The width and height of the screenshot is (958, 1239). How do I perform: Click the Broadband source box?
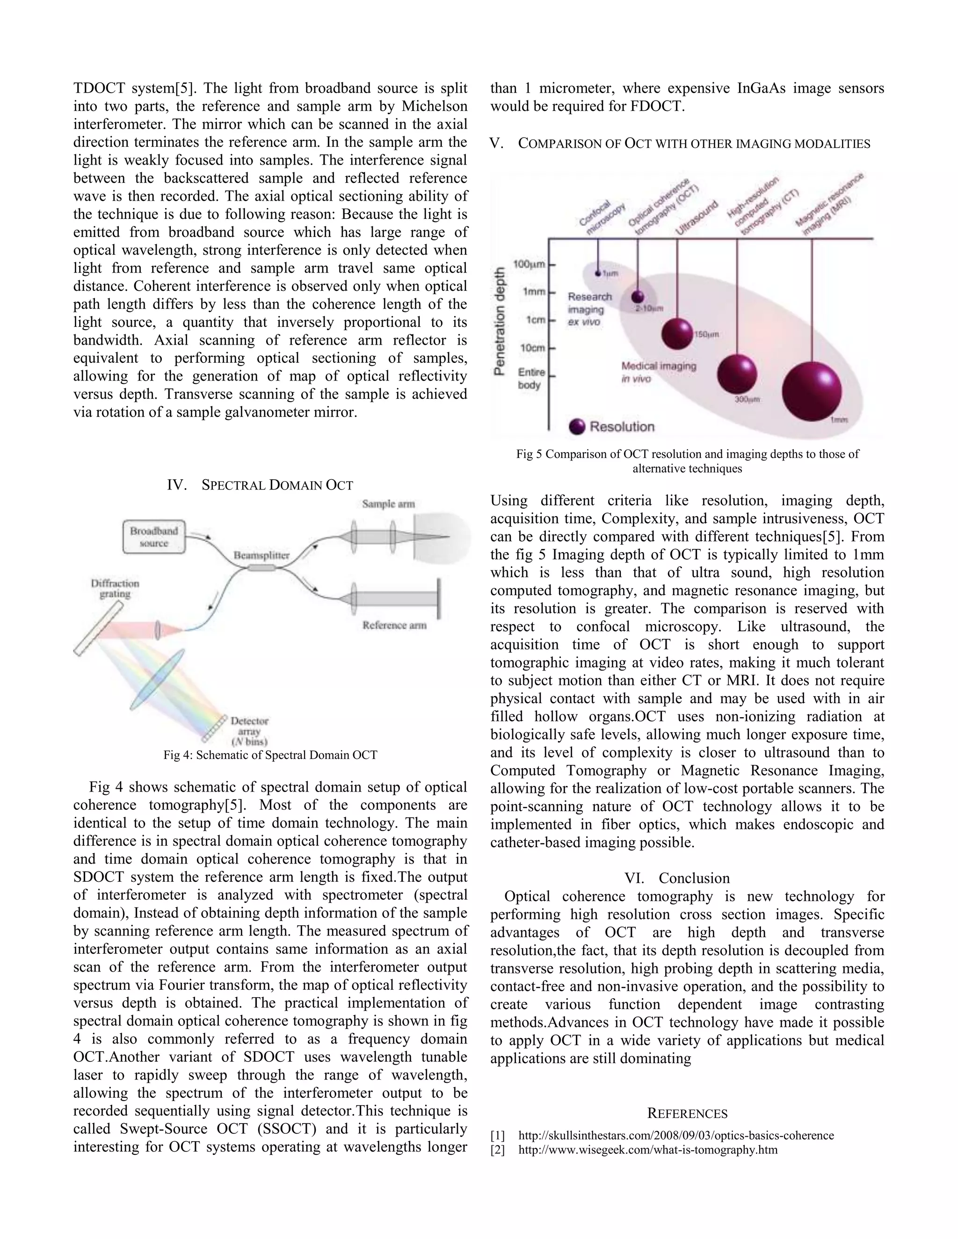[x=154, y=537]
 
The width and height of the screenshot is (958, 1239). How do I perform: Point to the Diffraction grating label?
[x=115, y=588]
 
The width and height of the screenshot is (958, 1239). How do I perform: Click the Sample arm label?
[x=388, y=504]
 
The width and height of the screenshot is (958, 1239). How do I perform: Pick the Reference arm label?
[x=394, y=625]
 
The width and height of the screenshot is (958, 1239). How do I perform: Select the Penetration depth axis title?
[x=500, y=321]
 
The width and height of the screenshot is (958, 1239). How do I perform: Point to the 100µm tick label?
[x=529, y=264]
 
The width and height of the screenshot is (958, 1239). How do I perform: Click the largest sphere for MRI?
[x=812, y=391]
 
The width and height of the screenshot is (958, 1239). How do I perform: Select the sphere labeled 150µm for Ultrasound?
[x=677, y=333]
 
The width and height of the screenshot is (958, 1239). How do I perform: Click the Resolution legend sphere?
[x=577, y=426]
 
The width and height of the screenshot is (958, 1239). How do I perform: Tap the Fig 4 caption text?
[x=270, y=755]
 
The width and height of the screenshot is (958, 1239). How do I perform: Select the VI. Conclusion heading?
[x=677, y=878]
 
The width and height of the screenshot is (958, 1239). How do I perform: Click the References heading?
[x=687, y=1114]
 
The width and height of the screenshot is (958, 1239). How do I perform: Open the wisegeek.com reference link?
[x=647, y=1150]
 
